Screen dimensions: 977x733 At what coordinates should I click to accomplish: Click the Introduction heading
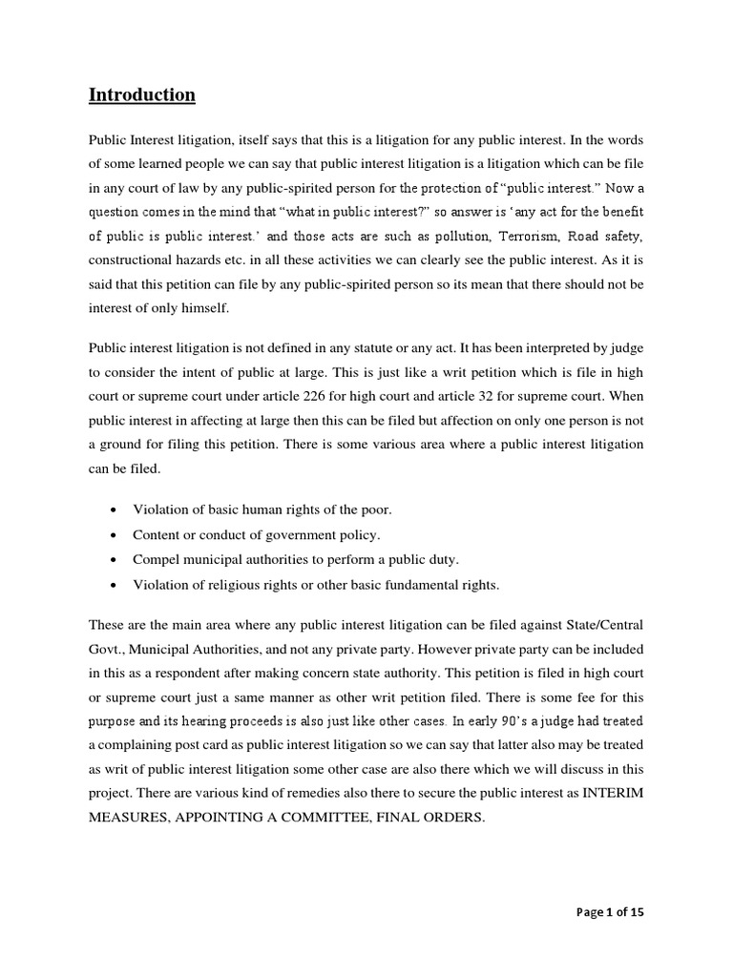[x=142, y=94]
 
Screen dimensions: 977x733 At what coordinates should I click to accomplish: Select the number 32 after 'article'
[x=548, y=395]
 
